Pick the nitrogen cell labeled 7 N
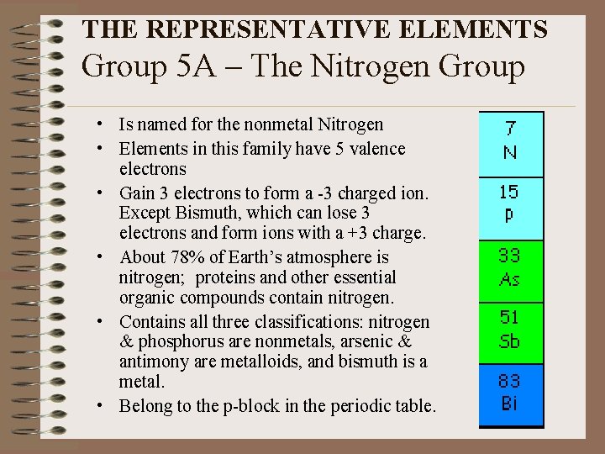(x=511, y=141)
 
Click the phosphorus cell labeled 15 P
(x=511, y=203)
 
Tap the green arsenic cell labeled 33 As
(x=511, y=269)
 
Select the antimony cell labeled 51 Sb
(x=511, y=330)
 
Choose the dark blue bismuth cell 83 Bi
(x=511, y=393)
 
